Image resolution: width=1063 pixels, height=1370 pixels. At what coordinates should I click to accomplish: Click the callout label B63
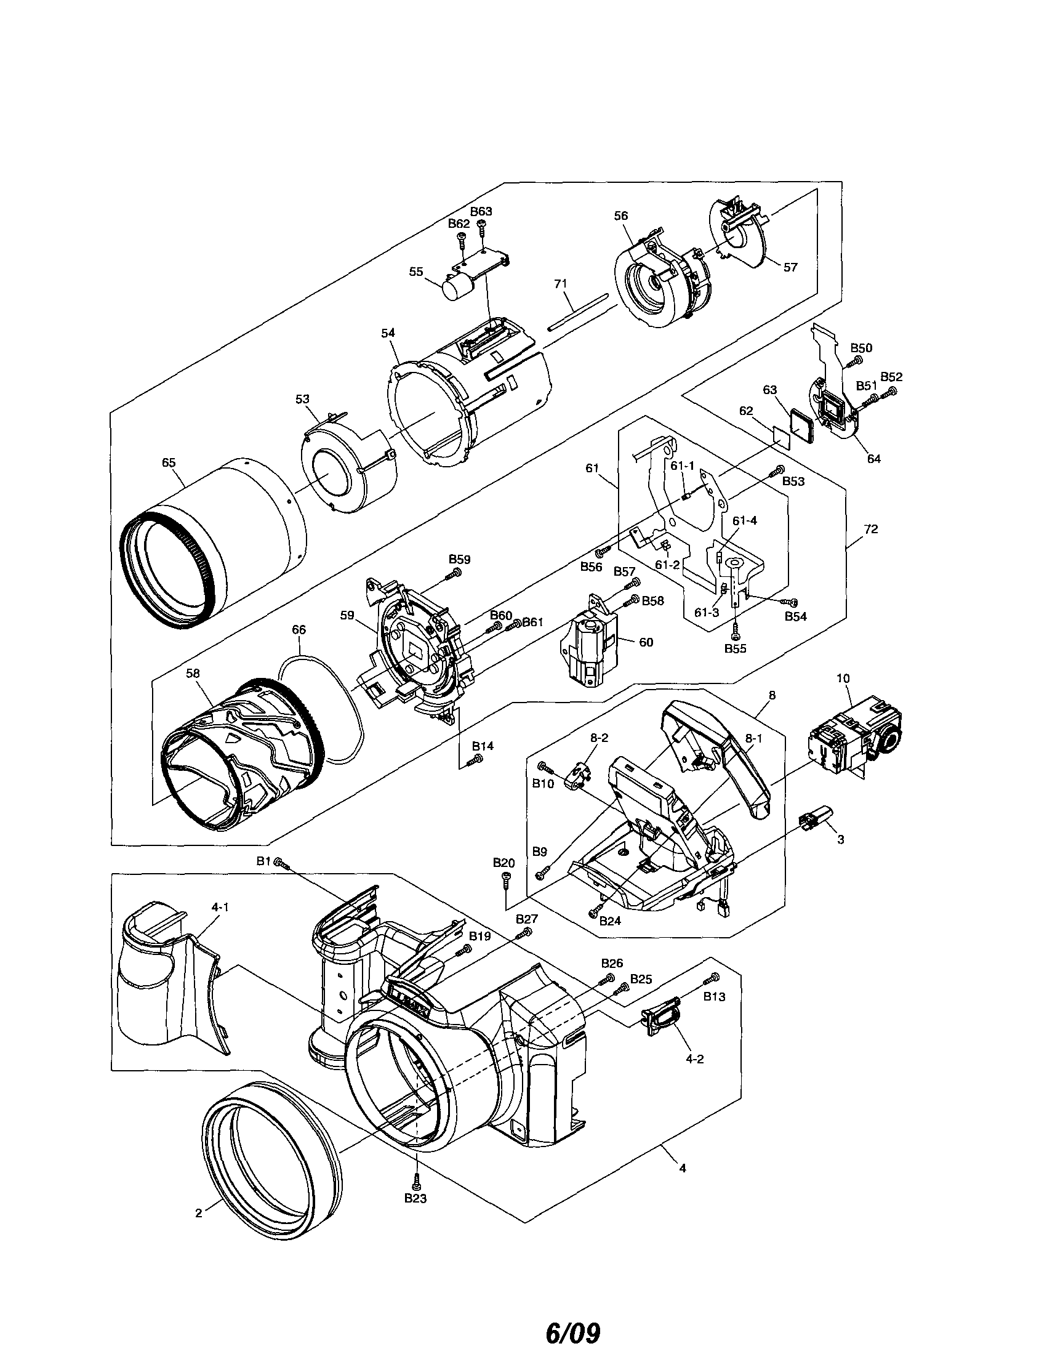481,211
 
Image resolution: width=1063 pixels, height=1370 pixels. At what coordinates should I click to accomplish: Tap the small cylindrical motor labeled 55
457,289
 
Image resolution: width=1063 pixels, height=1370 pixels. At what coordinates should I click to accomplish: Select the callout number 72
870,529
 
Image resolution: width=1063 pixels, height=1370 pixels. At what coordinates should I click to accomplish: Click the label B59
459,559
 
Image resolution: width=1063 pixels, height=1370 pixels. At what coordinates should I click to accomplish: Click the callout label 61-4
744,520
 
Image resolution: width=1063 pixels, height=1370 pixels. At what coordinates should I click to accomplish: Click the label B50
861,347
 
